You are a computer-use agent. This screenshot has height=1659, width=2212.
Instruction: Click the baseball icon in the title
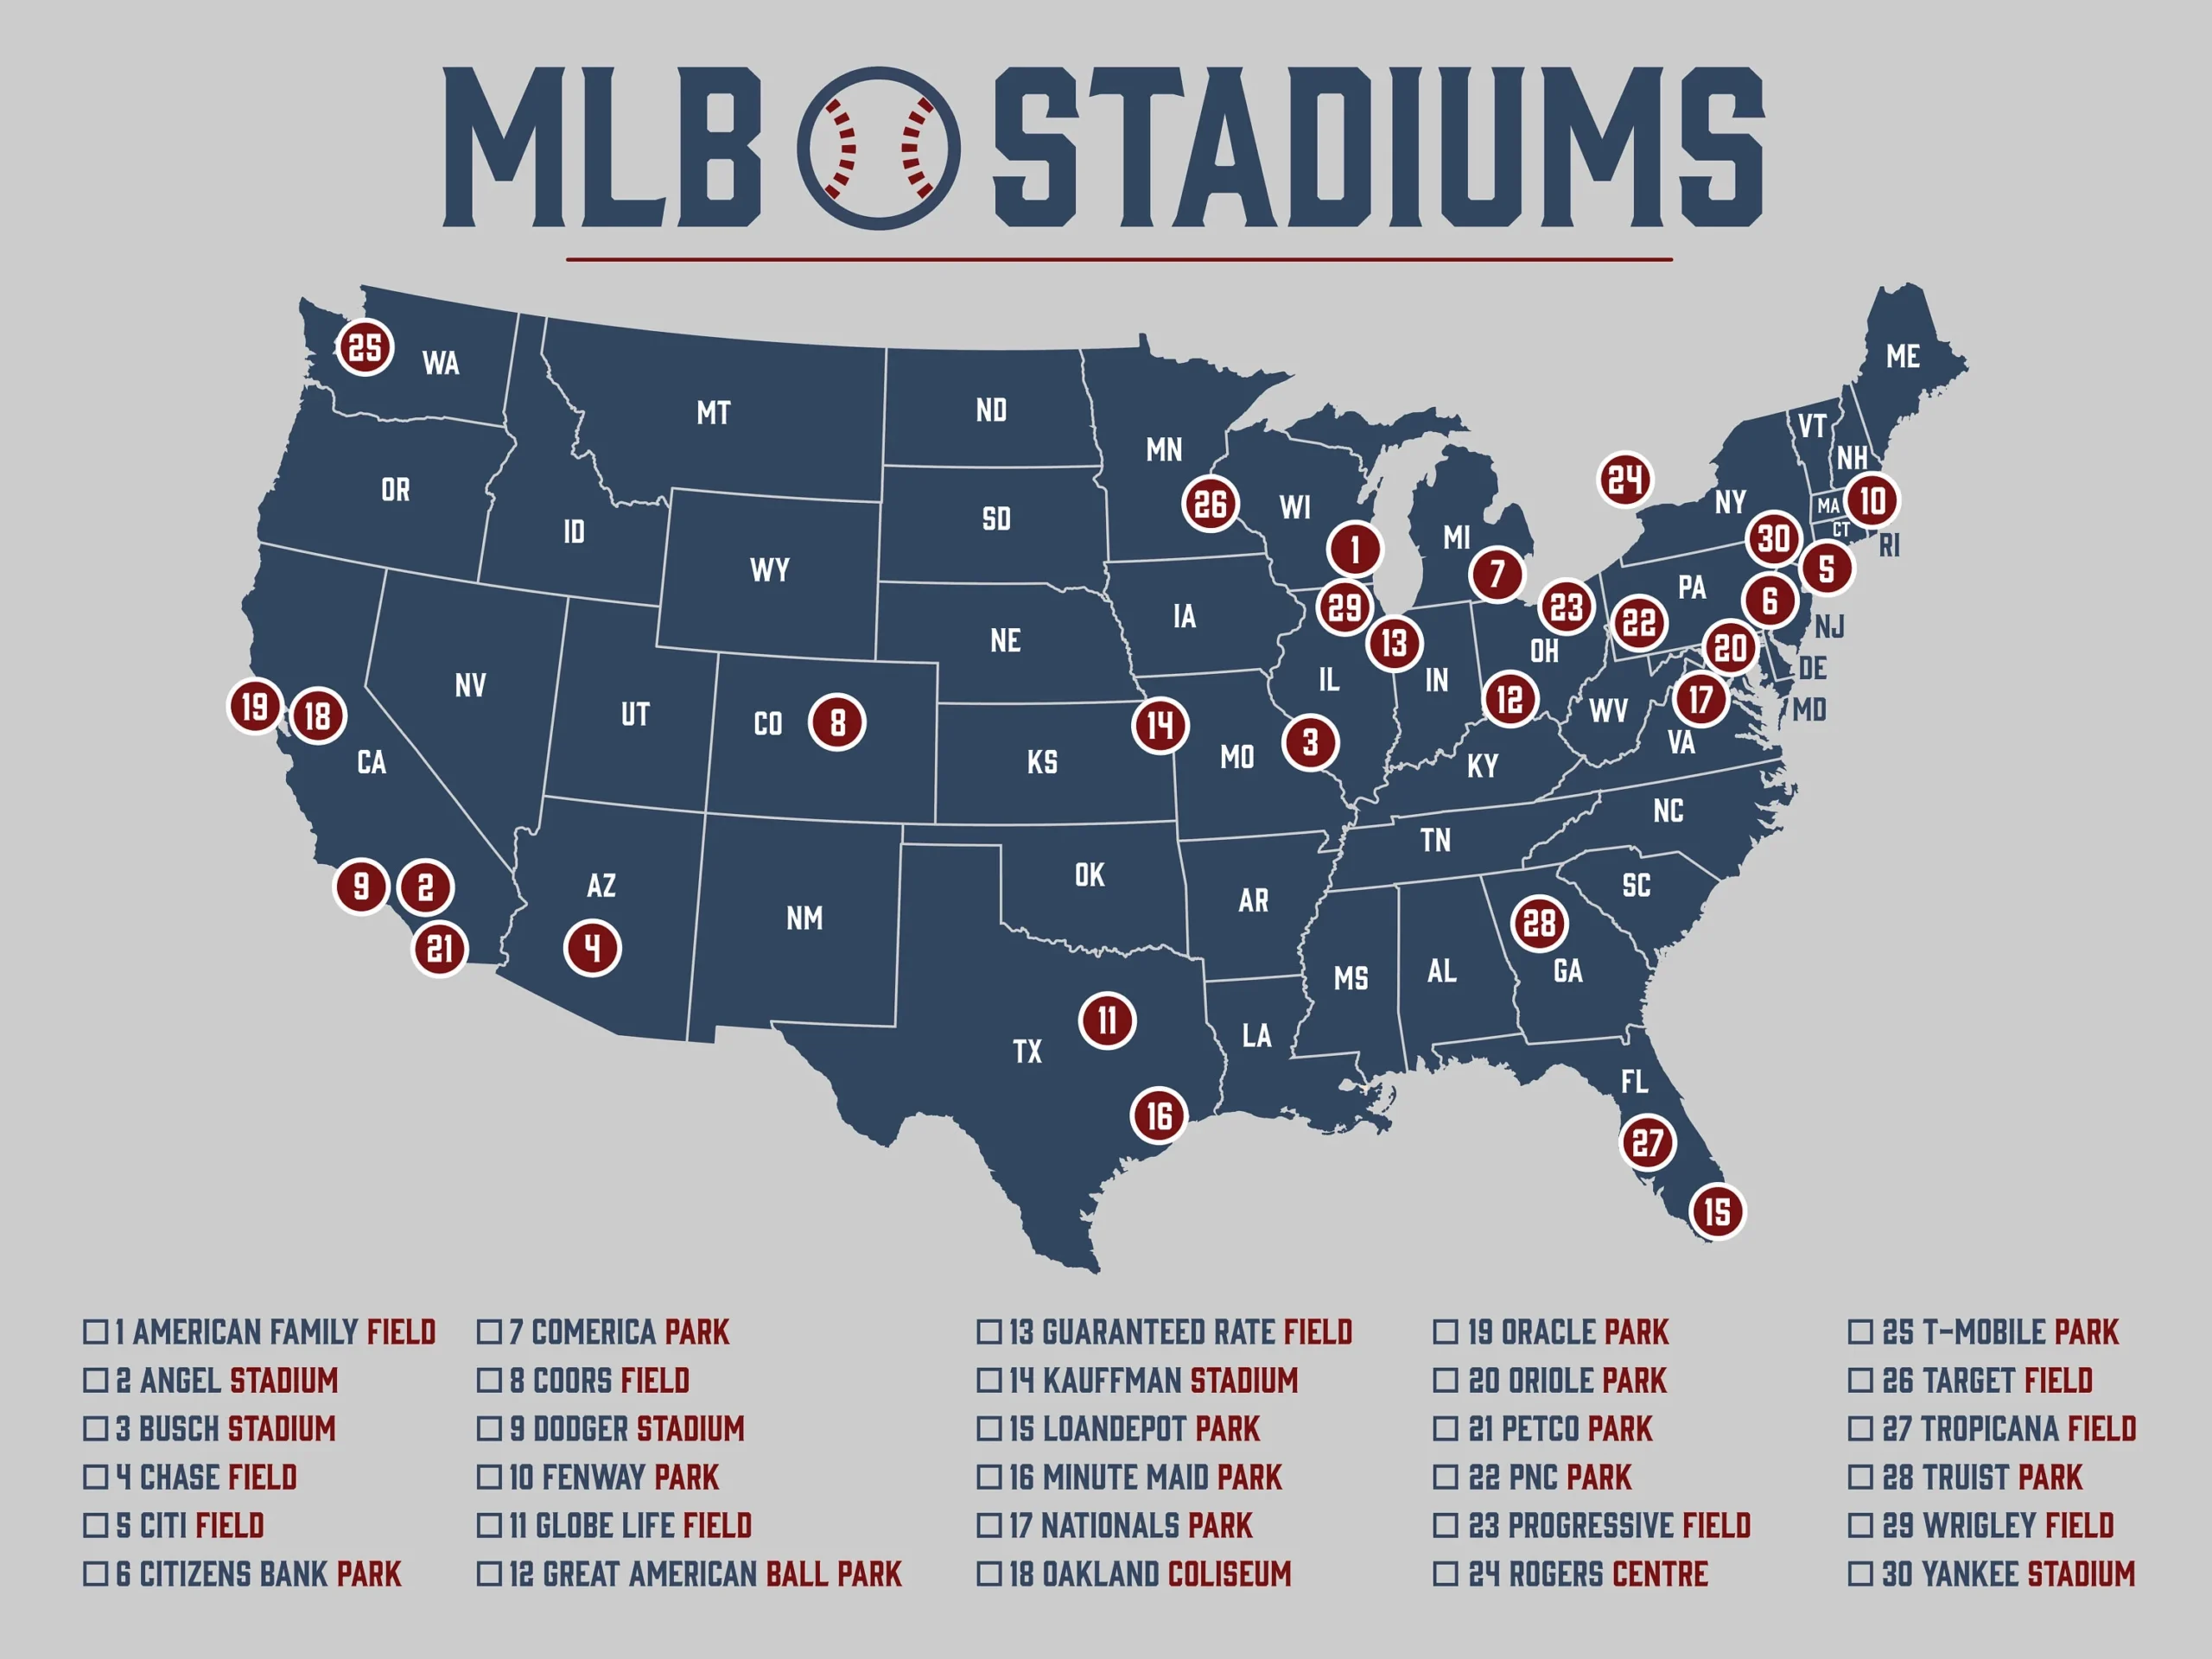[878, 148]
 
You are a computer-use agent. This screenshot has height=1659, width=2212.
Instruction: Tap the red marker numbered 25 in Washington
[365, 347]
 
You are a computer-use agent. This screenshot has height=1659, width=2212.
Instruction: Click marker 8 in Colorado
[837, 722]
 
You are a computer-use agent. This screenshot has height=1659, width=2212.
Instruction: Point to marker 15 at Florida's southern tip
[1717, 1212]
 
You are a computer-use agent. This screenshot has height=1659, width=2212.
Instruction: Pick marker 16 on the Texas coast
[1159, 1115]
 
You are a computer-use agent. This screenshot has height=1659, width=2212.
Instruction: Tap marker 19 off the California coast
[255, 706]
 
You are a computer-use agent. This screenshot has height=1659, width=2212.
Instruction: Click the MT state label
[713, 412]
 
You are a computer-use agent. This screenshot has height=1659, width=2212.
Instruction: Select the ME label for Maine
[1902, 356]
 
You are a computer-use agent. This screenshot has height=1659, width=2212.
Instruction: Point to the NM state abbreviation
[804, 918]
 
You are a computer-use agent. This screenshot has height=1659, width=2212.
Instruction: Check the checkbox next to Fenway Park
[489, 1477]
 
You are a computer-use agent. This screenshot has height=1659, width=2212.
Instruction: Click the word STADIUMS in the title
[1378, 148]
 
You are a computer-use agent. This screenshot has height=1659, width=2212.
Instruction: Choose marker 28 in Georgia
[1539, 923]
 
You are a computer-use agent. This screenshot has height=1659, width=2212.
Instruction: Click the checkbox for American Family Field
[95, 1332]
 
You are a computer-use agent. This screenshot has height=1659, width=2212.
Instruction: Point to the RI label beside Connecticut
[1889, 546]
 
